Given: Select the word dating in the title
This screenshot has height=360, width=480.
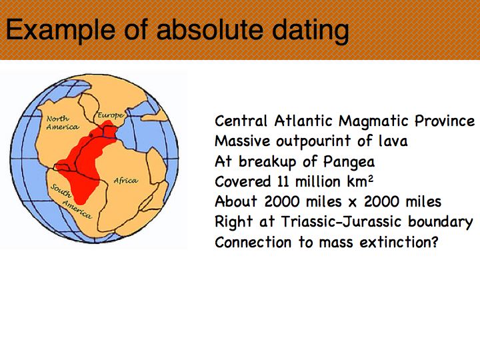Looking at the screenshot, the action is tap(311, 31).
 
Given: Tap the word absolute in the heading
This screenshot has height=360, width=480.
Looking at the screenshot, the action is tap(210, 29).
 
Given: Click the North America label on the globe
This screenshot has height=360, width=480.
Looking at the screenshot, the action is tap(62, 123).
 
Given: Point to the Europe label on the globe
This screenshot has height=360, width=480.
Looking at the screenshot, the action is tap(111, 116).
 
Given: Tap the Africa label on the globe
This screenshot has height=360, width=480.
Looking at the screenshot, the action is tap(126, 180).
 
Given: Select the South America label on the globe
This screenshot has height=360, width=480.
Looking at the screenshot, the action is tap(71, 201).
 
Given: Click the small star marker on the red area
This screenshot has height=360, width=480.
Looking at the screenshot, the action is tap(91, 135).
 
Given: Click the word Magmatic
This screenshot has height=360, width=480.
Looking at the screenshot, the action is tap(373, 121).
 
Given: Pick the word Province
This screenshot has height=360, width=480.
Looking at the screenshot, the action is tap(445, 121).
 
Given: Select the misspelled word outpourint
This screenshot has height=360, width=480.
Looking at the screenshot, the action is tap(313, 142).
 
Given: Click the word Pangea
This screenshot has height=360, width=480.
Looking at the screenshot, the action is tap(349, 162).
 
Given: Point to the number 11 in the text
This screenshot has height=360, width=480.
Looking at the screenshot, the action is tap(283, 181).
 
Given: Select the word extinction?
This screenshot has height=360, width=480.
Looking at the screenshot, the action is tap(399, 243).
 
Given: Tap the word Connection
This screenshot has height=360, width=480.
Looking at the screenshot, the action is tap(253, 243).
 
